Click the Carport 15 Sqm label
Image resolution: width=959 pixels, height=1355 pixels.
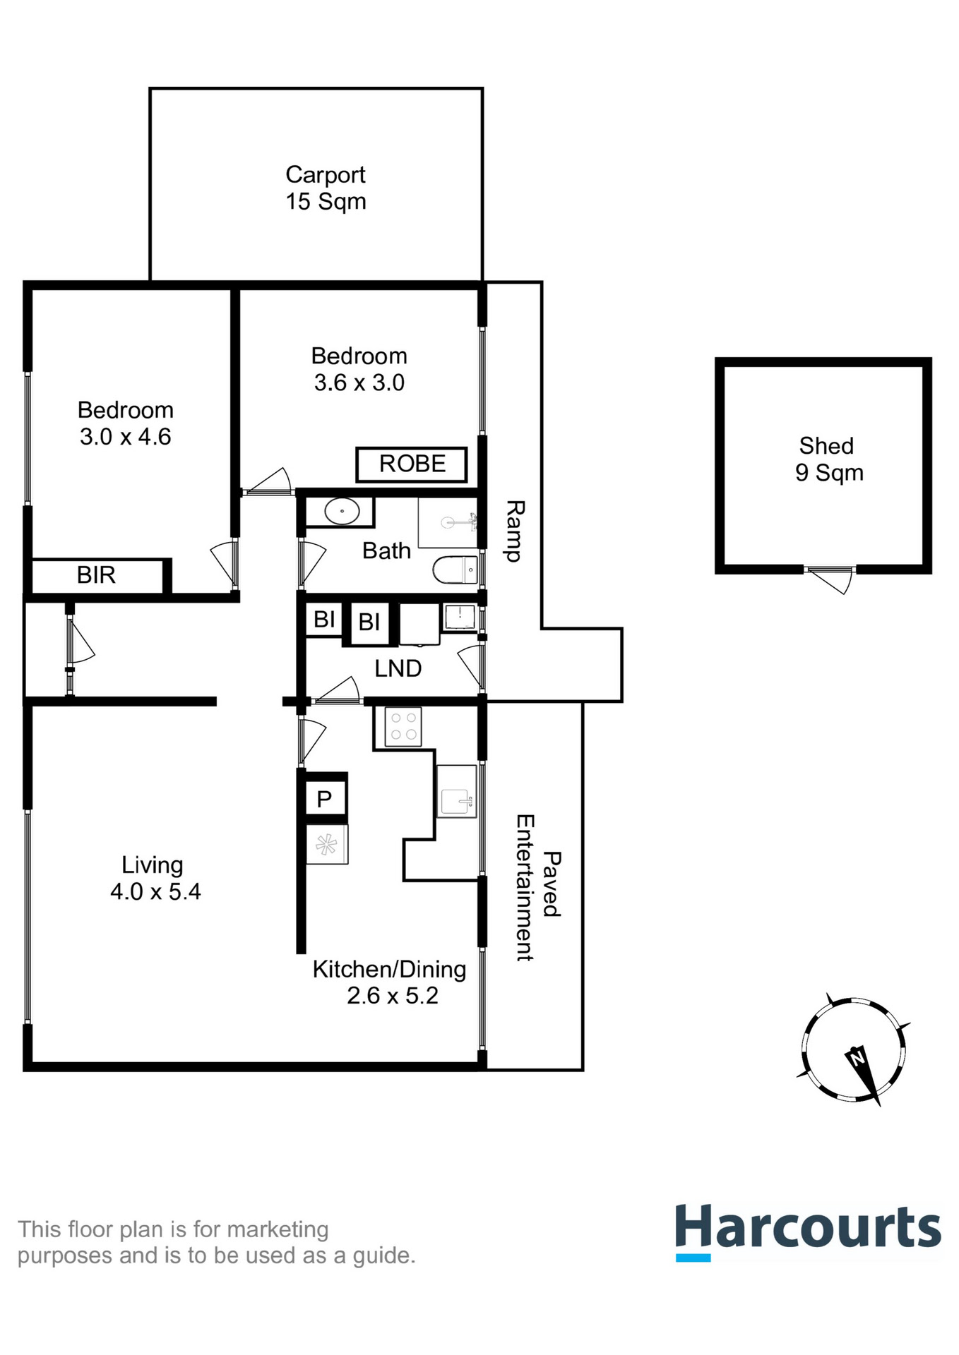[x=325, y=188]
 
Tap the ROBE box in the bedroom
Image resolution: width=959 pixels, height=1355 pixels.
[x=412, y=464]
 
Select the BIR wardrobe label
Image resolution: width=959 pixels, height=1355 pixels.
[x=96, y=575]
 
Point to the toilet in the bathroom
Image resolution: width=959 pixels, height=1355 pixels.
[x=455, y=570]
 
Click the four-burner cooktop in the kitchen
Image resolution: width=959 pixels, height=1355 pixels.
[x=403, y=726]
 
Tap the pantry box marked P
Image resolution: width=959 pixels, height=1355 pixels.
[x=325, y=799]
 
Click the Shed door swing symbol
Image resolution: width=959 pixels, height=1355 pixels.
[x=832, y=579]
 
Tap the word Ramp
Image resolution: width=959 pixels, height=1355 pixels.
[x=514, y=531]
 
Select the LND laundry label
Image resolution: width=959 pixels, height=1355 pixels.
[x=398, y=668]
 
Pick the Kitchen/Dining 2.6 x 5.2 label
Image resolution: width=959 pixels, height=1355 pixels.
[x=391, y=982]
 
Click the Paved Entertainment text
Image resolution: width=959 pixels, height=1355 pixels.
[x=537, y=887]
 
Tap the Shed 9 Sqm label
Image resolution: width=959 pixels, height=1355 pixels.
[x=828, y=459]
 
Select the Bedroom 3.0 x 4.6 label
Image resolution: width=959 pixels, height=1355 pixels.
[x=125, y=423]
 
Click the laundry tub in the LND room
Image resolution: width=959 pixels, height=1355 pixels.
[x=459, y=617]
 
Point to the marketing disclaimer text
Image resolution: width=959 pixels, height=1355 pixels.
[x=215, y=1242]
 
